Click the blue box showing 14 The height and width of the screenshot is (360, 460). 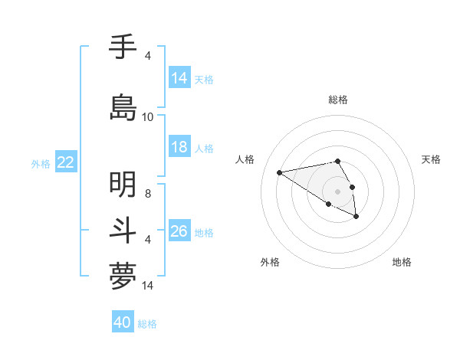click(x=179, y=78)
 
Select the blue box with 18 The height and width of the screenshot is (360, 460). click(x=179, y=148)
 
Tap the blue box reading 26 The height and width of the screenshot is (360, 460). click(x=179, y=231)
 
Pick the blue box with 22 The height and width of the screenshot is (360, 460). click(x=66, y=162)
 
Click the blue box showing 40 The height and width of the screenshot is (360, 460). click(x=123, y=323)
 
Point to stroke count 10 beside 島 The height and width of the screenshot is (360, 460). click(x=148, y=117)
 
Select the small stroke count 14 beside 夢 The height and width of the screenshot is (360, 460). click(x=148, y=286)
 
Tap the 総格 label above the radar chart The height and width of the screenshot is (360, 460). click(x=338, y=100)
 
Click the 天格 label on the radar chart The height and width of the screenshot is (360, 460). click(x=431, y=159)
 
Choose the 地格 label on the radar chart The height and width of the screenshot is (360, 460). click(x=402, y=262)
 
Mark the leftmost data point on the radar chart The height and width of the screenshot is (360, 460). click(x=280, y=172)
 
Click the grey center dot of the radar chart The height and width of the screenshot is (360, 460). click(x=338, y=191)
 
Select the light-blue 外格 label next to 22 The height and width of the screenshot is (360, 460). click(x=41, y=163)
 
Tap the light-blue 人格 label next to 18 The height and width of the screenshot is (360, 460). click(x=204, y=149)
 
